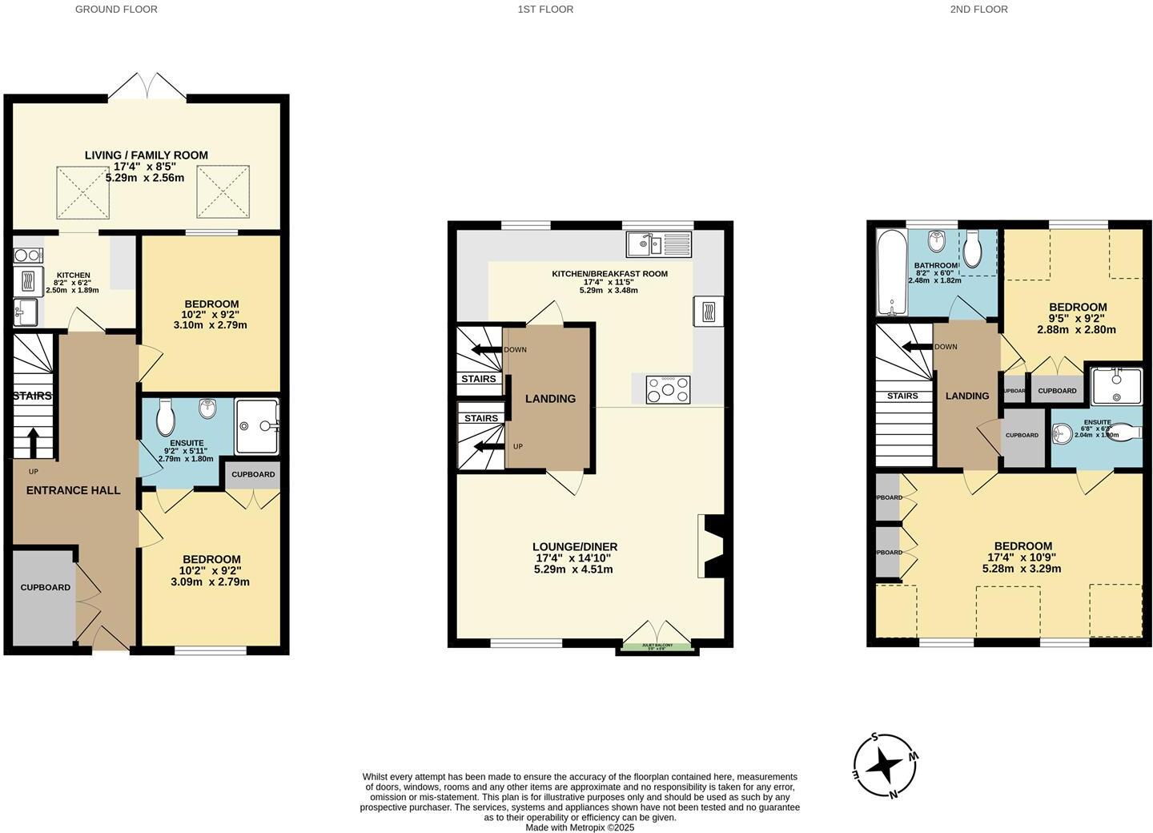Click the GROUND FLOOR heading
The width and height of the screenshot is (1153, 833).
pos(116,10)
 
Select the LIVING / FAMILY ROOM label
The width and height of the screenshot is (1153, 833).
pos(147,155)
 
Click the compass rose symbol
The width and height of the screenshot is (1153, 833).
pos(885,766)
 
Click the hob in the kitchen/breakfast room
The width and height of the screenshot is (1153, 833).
pos(668,389)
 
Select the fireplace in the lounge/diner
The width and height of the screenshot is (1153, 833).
pos(711,546)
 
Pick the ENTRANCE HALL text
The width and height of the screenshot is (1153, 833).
pos(74,490)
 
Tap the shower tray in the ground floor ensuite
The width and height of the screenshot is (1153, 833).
pos(257,427)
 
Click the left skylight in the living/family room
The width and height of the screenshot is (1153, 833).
pos(82,192)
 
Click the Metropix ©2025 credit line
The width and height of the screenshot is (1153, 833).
pos(580,827)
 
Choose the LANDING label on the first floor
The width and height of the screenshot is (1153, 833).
pos(550,399)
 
